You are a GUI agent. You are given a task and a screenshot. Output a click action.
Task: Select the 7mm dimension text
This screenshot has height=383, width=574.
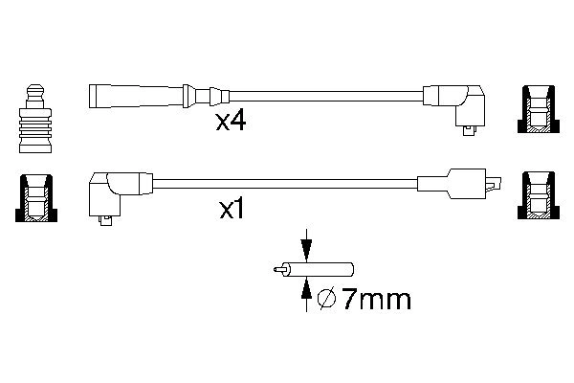coord(377,300)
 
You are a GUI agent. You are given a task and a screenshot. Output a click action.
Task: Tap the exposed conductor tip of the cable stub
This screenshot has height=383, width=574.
coord(277,271)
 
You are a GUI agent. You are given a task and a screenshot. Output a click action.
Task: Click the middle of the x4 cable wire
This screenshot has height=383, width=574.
coord(325,97)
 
